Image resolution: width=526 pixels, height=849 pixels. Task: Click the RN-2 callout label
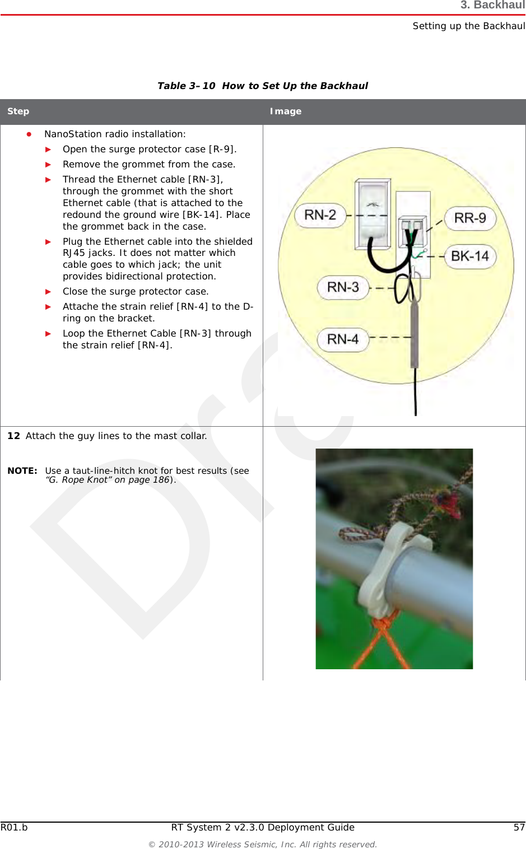(x=320, y=215)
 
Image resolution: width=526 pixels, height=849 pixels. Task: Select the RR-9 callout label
(x=470, y=218)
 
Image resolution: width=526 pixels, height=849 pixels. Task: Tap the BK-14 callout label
(x=470, y=256)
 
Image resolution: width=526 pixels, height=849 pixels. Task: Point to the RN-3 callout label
(x=343, y=287)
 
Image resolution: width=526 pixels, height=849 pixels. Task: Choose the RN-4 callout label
(x=343, y=339)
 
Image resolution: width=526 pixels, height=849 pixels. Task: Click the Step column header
(x=18, y=111)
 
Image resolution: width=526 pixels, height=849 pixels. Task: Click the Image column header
(x=286, y=111)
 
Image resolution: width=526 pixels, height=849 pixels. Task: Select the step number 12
(x=13, y=436)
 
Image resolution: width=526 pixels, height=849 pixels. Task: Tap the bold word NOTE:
(x=22, y=471)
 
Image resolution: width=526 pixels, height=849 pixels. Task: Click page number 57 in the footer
(x=519, y=827)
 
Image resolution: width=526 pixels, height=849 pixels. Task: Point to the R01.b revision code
(x=14, y=827)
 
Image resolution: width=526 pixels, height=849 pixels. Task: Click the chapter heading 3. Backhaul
(x=492, y=6)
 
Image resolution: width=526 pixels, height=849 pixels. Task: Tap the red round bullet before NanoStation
(x=29, y=134)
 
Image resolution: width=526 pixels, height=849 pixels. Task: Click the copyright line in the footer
(x=262, y=844)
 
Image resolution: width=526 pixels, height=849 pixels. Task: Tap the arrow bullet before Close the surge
(x=48, y=292)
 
